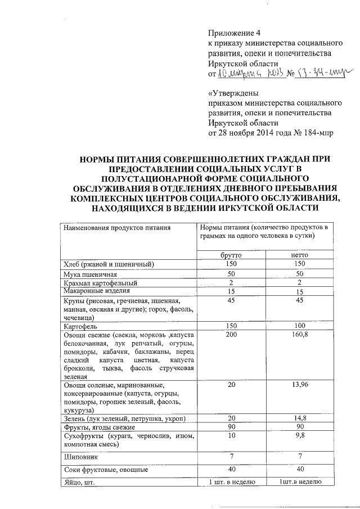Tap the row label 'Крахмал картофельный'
point(100,282)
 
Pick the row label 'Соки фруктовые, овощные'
point(105,469)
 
